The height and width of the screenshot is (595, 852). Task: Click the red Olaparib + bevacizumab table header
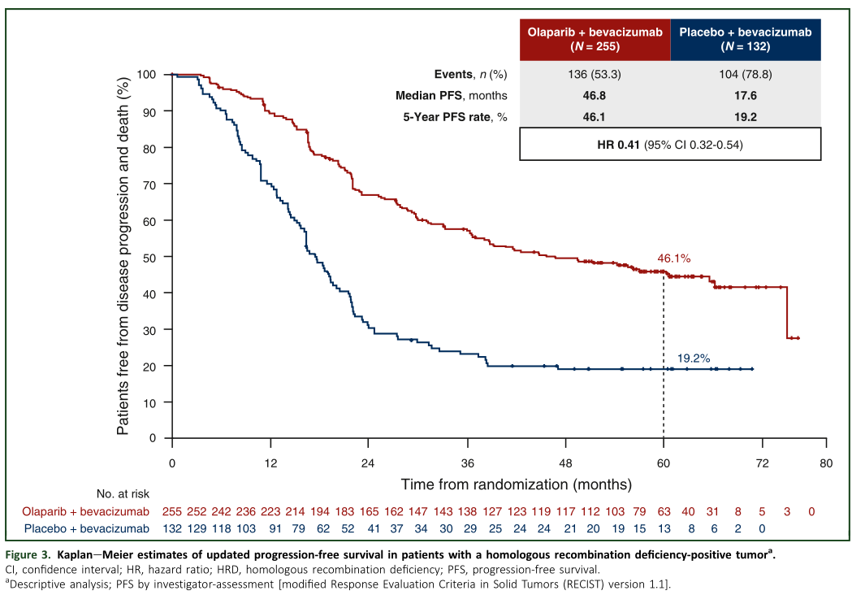[595, 39]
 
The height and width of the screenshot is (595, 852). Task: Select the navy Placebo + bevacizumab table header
[746, 39]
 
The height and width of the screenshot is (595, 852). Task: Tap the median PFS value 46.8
[595, 95]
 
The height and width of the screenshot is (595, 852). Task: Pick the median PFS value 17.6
[746, 95]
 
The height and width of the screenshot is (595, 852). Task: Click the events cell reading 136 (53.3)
[595, 74]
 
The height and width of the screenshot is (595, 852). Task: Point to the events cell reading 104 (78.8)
[746, 74]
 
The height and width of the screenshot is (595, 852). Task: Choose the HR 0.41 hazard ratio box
[670, 145]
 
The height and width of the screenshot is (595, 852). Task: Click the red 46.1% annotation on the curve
[673, 258]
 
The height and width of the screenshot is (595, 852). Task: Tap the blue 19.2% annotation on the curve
[694, 357]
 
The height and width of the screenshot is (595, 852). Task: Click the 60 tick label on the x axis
[664, 463]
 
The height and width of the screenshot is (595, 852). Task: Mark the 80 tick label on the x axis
[825, 463]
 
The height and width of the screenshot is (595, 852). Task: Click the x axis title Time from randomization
[516, 484]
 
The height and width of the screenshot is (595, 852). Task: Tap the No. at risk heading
[122, 493]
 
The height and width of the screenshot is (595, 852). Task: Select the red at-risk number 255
[172, 511]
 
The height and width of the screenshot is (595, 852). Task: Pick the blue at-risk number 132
[172, 529]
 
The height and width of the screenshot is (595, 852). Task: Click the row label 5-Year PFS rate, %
[456, 116]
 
